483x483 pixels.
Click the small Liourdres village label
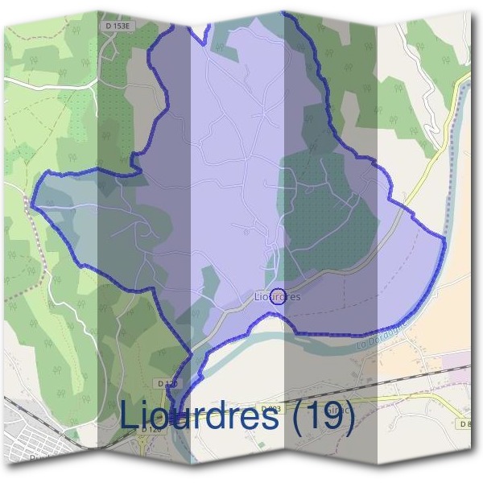(x=277, y=296)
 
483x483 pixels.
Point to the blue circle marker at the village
(x=278, y=295)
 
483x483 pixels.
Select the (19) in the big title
(x=322, y=418)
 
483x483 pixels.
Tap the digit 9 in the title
(x=333, y=417)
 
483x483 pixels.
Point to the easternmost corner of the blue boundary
(x=444, y=238)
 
